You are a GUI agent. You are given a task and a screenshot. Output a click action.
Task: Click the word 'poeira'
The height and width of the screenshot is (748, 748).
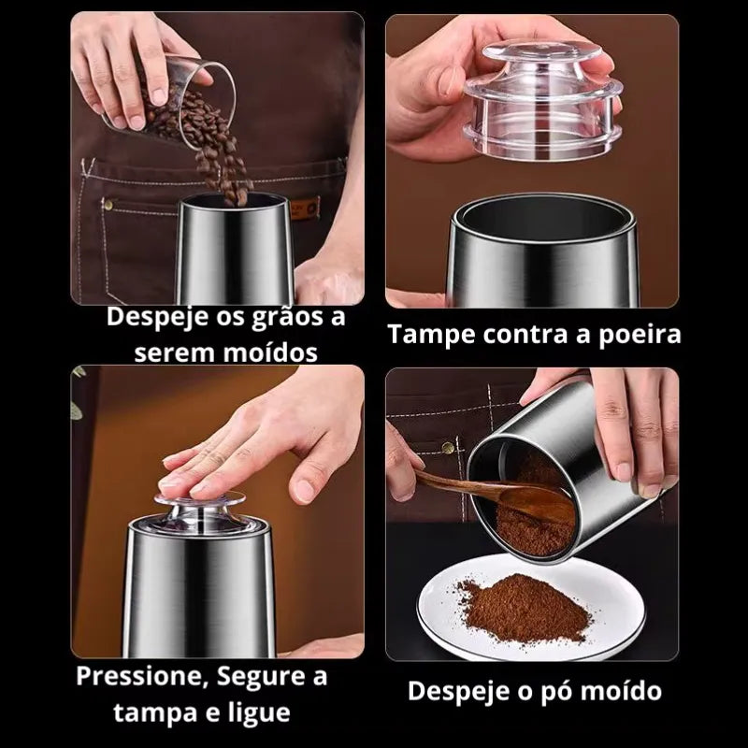(640, 335)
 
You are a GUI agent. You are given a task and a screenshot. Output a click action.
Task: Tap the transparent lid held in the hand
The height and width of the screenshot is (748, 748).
(544, 100)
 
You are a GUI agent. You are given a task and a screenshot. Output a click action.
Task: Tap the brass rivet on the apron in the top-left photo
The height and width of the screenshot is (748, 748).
(108, 205)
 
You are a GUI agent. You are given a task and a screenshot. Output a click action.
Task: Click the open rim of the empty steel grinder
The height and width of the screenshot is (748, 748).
(544, 217)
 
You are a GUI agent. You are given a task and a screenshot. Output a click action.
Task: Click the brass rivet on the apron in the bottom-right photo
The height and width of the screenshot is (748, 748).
(448, 448)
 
